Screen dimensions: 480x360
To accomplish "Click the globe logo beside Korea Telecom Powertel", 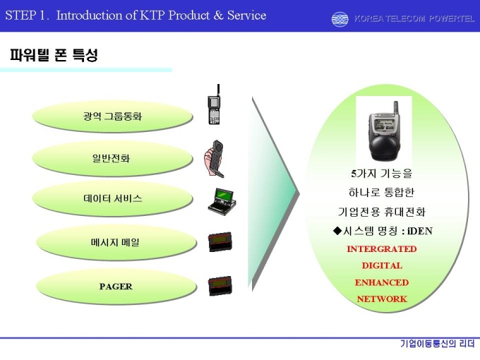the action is (x=340, y=19).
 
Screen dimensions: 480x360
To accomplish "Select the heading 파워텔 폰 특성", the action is (x=54, y=55).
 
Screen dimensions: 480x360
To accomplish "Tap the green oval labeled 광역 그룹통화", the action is (x=112, y=116).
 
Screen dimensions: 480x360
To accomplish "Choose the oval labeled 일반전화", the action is (x=112, y=158).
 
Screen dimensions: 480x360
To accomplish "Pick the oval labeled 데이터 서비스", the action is (x=112, y=198).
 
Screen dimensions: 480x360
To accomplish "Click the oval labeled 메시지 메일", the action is (x=116, y=242).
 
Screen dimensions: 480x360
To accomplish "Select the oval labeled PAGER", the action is (x=116, y=286).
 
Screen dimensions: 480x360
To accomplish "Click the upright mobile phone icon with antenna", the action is (x=215, y=104).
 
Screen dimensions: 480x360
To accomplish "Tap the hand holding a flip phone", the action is (x=214, y=159).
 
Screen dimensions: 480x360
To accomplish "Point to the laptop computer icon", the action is (x=222, y=202).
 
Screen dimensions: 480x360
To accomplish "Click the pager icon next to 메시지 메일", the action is (x=220, y=242).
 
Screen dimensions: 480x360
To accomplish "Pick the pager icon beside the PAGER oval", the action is (x=220, y=286).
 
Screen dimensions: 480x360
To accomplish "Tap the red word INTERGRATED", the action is (x=382, y=249).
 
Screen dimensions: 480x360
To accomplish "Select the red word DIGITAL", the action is (x=382, y=265).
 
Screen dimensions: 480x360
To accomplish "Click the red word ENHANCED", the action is (x=382, y=282).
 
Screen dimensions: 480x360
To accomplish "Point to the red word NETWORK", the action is (x=382, y=299).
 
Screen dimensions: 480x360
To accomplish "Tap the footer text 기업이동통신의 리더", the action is (x=437, y=344).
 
